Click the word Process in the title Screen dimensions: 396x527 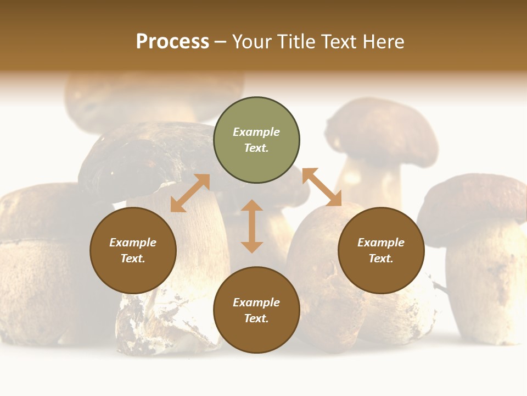click(172, 42)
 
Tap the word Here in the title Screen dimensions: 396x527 click(382, 42)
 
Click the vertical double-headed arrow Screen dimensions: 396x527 click(252, 226)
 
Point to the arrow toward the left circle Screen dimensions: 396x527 click(190, 193)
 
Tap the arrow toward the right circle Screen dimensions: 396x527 click(322, 187)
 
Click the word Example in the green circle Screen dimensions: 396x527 click(256, 132)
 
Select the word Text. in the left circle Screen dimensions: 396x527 click(133, 258)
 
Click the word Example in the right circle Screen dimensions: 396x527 click(381, 243)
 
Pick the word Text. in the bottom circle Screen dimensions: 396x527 click(256, 318)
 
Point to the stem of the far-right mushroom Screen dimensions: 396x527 click(483, 286)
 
